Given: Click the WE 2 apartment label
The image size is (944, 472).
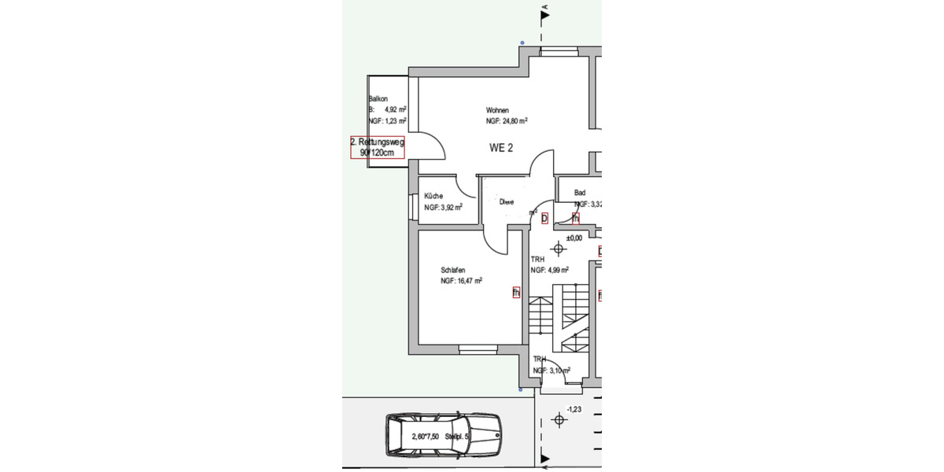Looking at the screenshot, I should (501, 149).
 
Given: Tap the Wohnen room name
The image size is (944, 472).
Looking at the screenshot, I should (497, 110).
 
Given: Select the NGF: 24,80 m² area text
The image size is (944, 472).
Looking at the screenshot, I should (506, 121).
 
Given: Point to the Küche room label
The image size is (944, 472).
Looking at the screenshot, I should (433, 196).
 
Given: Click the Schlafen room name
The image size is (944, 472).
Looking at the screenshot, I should (453, 269).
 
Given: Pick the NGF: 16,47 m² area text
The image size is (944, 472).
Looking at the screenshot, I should (461, 280).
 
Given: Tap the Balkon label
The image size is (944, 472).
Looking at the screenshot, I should (378, 99).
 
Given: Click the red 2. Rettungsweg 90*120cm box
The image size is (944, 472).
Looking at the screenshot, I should (377, 147).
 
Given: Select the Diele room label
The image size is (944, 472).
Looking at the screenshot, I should (507, 202).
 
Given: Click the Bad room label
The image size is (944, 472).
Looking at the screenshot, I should (580, 193).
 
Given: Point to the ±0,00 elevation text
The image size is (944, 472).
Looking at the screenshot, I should (574, 237).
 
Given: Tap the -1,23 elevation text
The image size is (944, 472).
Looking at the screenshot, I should (574, 409).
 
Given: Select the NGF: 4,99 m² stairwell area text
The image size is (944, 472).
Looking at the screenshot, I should (549, 270).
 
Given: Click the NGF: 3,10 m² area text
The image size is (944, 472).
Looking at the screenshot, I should (551, 370).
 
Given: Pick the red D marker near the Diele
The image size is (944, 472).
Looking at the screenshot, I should (544, 218).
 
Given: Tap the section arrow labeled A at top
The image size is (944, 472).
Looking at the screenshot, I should (544, 13).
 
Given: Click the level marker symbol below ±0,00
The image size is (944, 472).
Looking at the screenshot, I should (559, 249).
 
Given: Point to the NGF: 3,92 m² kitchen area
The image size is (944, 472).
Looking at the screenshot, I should (443, 208).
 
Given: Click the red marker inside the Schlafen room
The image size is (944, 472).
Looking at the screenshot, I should (516, 293).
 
